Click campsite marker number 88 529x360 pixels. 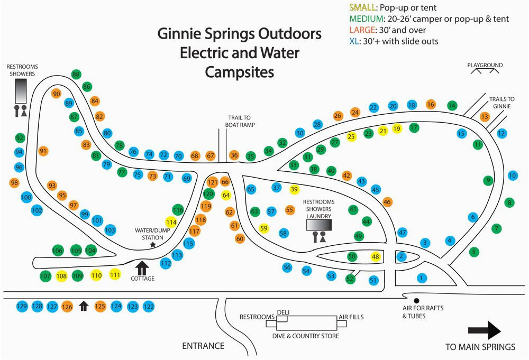76,75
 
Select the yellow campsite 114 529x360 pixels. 171,223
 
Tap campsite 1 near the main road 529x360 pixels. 421,278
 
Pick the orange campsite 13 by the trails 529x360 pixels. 485,116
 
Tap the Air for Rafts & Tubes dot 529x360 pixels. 416,300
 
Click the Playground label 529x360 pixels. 485,66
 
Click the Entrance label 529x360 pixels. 203,346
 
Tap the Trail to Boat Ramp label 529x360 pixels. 242,121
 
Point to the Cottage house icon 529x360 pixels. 142,266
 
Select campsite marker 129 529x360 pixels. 22,306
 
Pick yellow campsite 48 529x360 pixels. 376,256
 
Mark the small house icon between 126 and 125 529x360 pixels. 83,306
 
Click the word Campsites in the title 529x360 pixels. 240,72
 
